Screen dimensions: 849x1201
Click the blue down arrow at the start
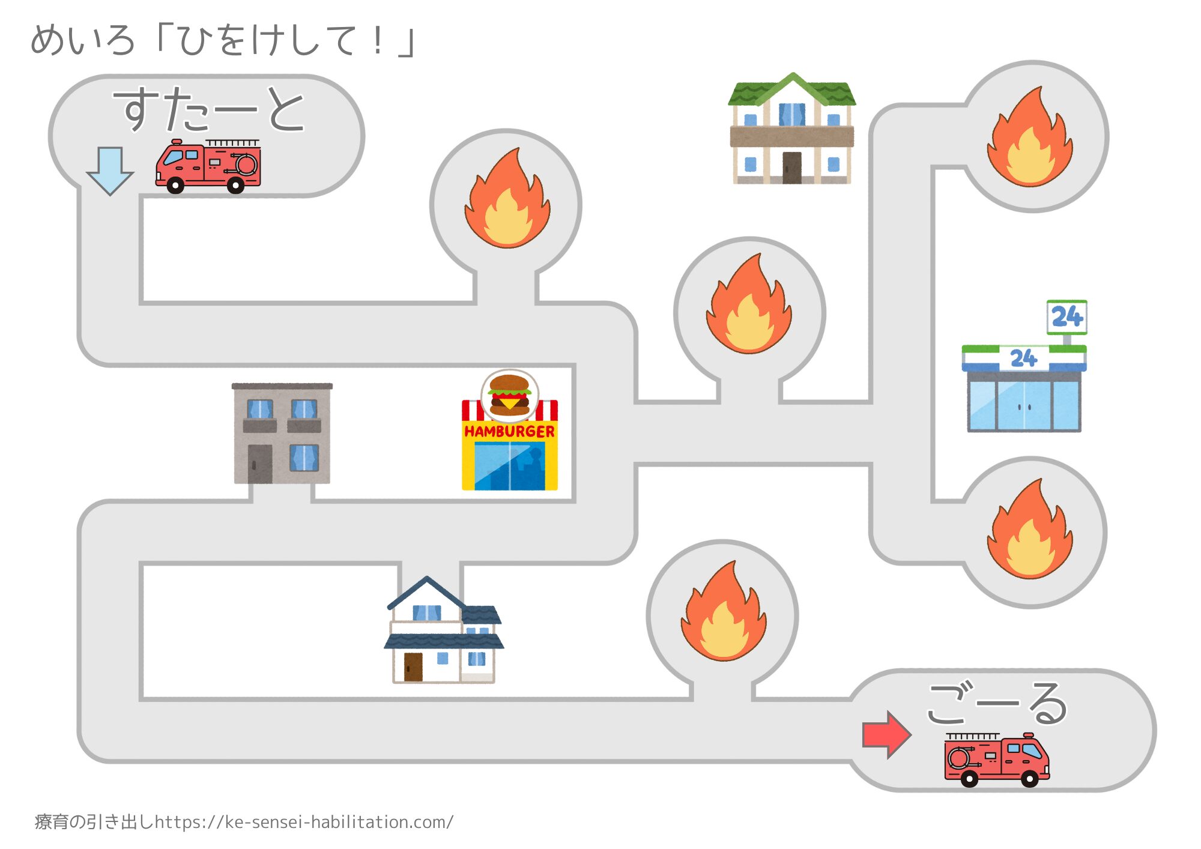click(110, 171)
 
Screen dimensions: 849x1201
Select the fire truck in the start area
click(208, 166)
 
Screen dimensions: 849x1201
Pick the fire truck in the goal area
click(997, 760)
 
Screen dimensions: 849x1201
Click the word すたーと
click(209, 109)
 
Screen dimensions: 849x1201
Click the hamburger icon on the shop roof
click(509, 394)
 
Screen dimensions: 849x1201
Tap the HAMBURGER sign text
click(509, 431)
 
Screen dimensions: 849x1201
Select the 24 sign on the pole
click(1066, 316)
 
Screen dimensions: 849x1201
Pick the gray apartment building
click(282, 433)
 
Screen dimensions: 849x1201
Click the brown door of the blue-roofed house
click(413, 667)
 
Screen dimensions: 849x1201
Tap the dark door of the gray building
click(260, 464)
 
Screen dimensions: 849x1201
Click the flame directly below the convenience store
click(1030, 531)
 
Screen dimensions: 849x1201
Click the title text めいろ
click(83, 41)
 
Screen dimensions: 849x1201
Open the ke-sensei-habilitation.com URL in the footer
click(304, 821)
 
